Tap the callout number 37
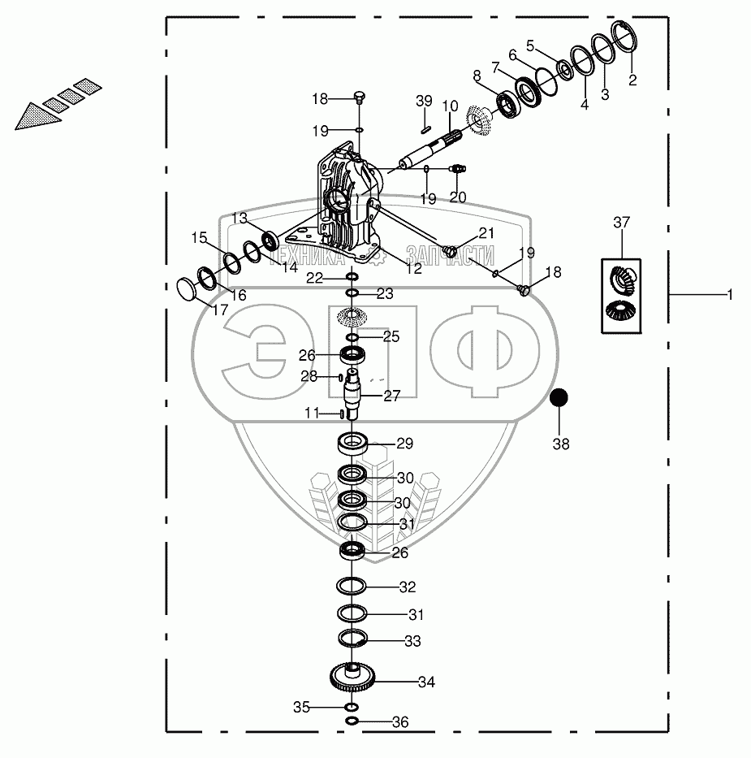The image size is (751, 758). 621,223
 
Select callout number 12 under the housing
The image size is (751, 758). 414,268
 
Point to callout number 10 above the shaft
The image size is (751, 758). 450,106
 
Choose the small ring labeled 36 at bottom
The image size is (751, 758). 352,721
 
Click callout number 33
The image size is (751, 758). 412,641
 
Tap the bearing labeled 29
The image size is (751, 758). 354,444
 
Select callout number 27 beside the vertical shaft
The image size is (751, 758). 392,396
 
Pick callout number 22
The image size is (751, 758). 313,278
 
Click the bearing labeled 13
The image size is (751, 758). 270,240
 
